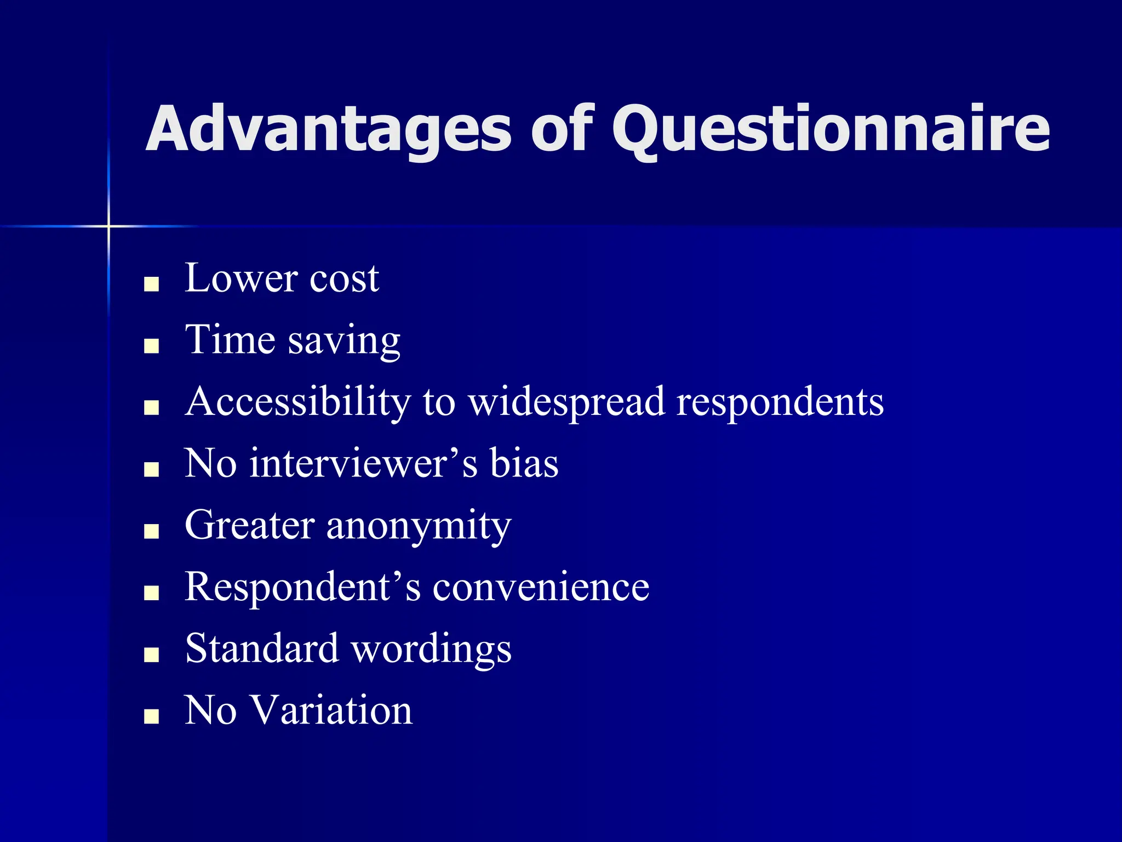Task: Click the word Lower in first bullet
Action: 241,278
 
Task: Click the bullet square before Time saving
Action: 151,346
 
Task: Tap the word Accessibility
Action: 297,402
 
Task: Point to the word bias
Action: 524,464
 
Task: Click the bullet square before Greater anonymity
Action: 151,531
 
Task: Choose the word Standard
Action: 262,648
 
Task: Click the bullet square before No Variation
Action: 151,716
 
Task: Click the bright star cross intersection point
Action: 108,226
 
